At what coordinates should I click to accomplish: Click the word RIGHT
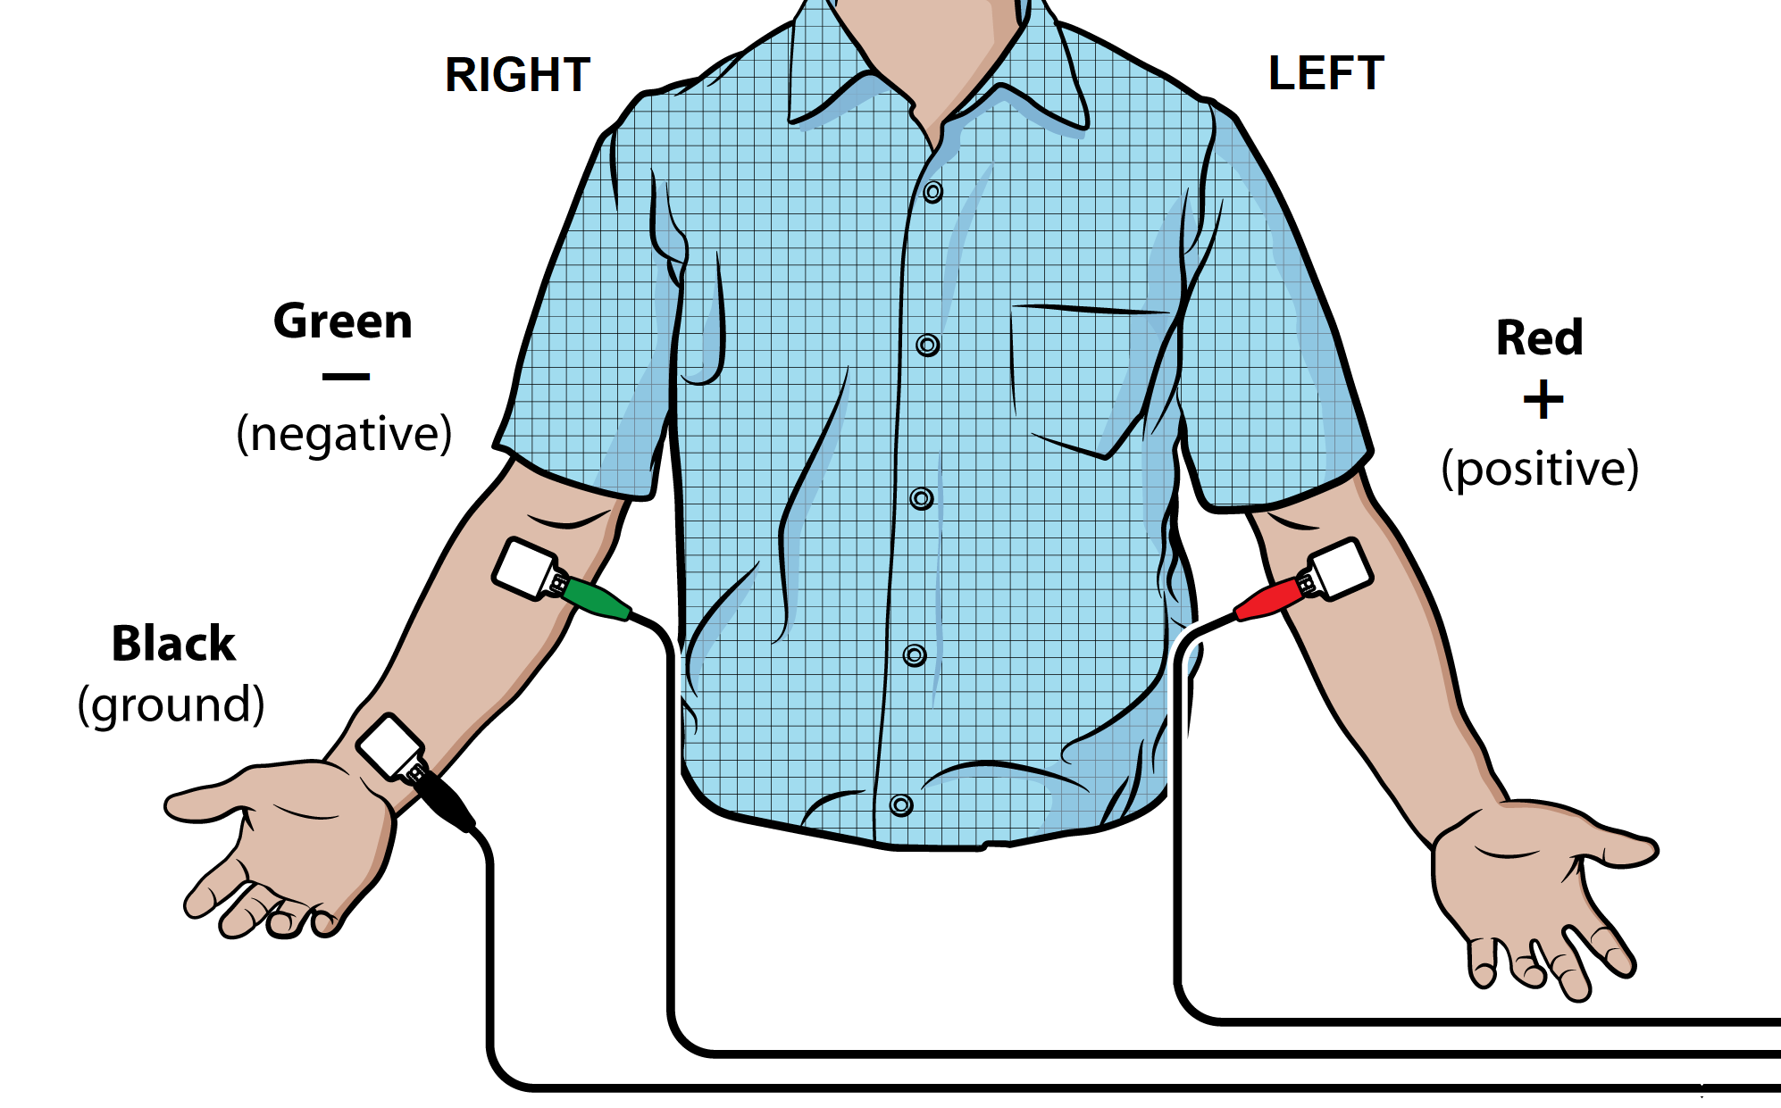pos(518,74)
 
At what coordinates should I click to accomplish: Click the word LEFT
pos(1326,72)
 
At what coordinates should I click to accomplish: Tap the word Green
pos(343,321)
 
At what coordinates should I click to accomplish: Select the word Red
pos(1540,337)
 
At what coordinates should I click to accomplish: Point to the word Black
pos(173,643)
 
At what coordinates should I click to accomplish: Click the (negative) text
pos(345,435)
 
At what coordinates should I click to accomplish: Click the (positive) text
pos(1541,469)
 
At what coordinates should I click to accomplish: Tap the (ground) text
pos(171,705)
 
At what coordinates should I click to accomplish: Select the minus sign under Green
pos(346,377)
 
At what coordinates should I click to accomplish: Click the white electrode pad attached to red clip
pos(1340,569)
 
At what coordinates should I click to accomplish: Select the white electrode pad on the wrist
pos(390,746)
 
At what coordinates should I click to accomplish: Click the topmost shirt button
pos(933,192)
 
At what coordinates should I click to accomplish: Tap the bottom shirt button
pos(901,805)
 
